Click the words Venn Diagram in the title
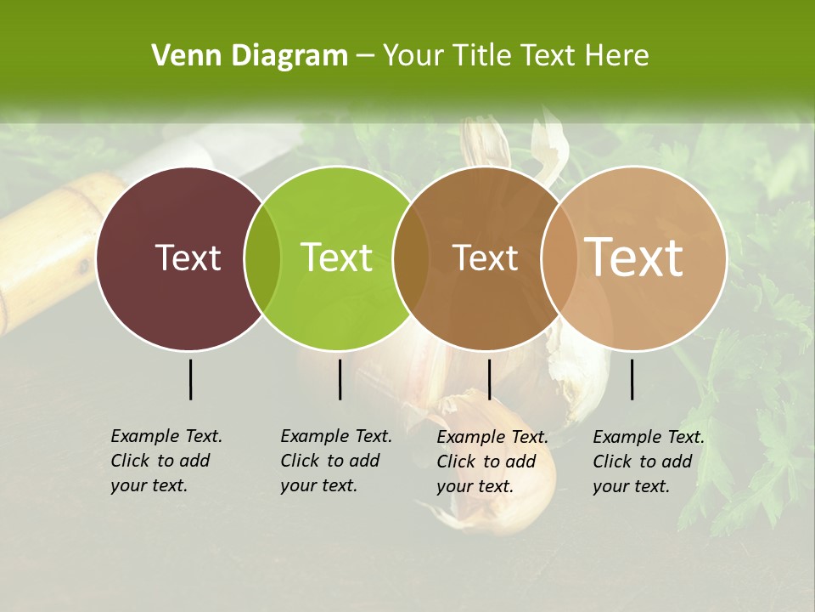(x=250, y=56)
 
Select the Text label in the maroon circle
(x=188, y=258)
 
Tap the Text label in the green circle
(x=336, y=258)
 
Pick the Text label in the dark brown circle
(x=485, y=258)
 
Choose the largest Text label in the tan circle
(x=634, y=257)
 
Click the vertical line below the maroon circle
(x=190, y=379)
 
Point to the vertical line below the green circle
(x=340, y=379)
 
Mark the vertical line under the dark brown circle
(x=489, y=379)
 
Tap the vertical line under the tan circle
(x=632, y=379)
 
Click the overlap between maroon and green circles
(x=263, y=258)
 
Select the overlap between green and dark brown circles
(x=412, y=258)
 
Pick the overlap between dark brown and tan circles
(x=559, y=258)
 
